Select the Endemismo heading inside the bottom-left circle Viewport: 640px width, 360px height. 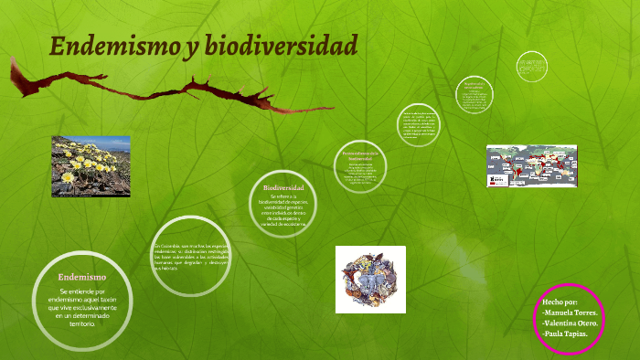82,276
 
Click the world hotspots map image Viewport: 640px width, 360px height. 530,169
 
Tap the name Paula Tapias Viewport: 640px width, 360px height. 564,334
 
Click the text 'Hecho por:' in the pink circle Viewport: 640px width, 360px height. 560,301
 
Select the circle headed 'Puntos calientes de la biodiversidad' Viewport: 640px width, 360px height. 359,166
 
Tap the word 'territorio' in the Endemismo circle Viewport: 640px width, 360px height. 82,323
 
